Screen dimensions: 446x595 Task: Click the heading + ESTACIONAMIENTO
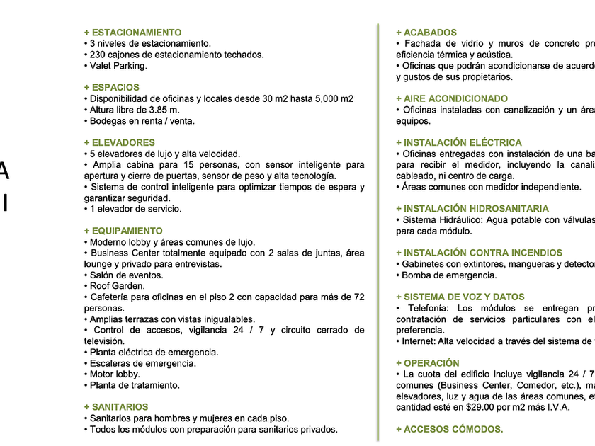(132, 33)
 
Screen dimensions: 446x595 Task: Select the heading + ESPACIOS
(111, 88)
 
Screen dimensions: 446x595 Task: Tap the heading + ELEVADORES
(119, 142)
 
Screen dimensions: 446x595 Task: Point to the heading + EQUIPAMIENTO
(123, 231)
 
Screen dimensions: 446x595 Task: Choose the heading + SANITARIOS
(115, 407)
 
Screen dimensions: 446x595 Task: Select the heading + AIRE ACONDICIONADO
(451, 98)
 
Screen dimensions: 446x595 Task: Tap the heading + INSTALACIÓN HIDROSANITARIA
(472, 209)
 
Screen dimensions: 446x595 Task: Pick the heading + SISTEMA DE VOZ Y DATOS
(460, 297)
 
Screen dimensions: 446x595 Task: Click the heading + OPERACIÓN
(427, 363)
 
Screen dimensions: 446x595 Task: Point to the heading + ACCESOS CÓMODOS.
(449, 429)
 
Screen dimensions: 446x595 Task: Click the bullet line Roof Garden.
(117, 286)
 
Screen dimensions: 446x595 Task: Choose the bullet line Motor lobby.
(115, 374)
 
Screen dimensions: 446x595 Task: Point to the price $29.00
(481, 407)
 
